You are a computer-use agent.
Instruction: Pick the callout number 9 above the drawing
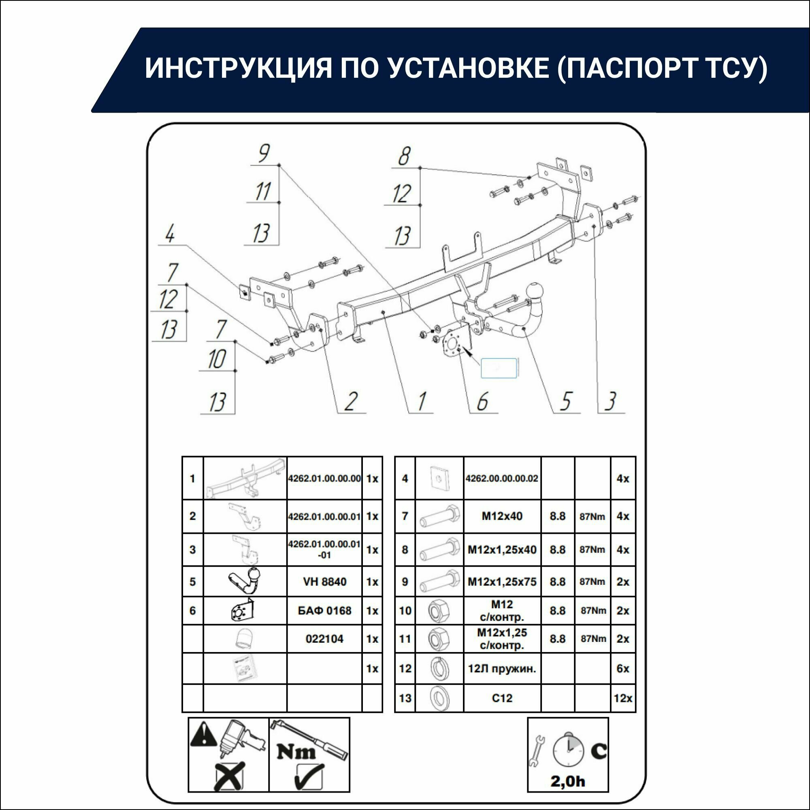[x=264, y=154]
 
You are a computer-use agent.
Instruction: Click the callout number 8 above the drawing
[x=404, y=156]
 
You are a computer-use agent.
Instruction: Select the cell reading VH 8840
[x=324, y=582]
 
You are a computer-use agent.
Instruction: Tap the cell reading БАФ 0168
[x=324, y=610]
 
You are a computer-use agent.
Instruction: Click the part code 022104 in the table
[x=324, y=639]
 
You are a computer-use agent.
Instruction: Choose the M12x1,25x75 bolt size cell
[x=502, y=582]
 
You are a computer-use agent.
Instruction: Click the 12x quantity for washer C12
[x=622, y=698]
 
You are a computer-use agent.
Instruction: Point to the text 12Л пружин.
[x=502, y=669]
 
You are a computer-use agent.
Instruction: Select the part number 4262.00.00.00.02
[x=502, y=478]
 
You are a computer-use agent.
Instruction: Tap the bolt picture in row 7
[x=439, y=516]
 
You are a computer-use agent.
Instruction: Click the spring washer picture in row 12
[x=439, y=669]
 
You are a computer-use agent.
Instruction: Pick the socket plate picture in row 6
[x=243, y=610]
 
